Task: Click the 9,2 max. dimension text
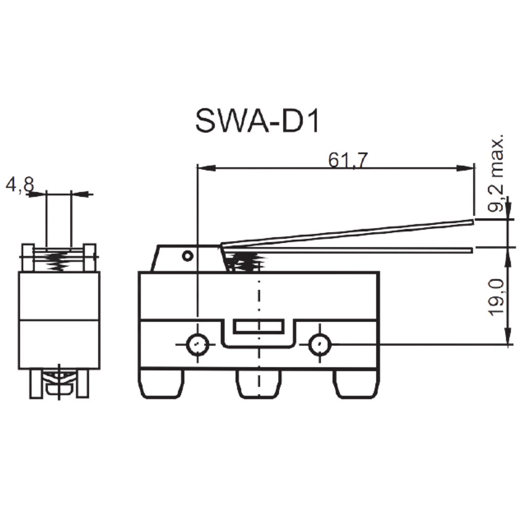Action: pyautogui.click(x=495, y=174)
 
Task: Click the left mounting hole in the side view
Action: pyautogui.click(x=198, y=344)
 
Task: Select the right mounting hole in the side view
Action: pyautogui.click(x=320, y=344)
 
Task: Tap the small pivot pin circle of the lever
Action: pyautogui.click(x=187, y=256)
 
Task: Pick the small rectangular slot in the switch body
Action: pyautogui.click(x=259, y=326)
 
